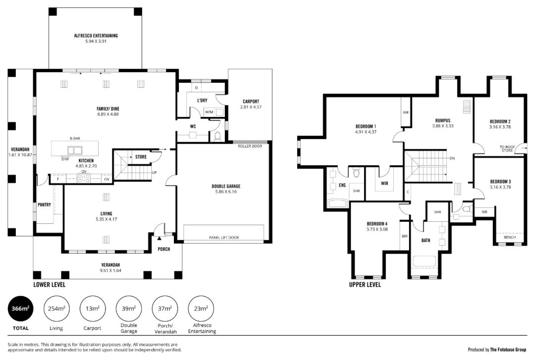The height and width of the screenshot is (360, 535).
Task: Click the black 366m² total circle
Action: point(20,309)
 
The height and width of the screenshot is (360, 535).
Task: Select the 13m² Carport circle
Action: point(93,309)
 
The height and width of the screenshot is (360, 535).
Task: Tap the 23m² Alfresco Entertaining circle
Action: point(201,309)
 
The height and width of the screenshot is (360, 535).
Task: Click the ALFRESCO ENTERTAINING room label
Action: point(96,36)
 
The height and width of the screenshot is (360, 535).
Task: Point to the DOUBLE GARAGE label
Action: point(226,186)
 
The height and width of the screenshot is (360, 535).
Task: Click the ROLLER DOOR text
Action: point(250,146)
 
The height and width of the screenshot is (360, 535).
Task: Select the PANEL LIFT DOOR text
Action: point(224,238)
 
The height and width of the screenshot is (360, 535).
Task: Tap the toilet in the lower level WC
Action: point(217,137)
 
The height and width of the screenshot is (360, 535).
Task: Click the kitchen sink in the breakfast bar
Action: point(75,150)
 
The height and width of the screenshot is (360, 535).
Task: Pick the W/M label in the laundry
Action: point(209,112)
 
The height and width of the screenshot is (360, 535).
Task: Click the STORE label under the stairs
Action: point(141,157)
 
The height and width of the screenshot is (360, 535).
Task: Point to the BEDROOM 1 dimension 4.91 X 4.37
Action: point(366,132)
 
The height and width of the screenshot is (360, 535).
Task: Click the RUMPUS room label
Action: point(443,120)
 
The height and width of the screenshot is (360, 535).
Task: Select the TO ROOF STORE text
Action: point(507,149)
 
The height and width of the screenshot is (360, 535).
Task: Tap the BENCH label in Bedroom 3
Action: point(510,237)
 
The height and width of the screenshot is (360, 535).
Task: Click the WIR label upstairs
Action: point(384,184)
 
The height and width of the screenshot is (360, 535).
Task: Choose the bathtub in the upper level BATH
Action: point(425,261)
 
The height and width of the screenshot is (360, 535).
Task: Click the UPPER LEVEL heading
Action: point(365,285)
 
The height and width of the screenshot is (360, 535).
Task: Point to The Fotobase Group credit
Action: point(508,350)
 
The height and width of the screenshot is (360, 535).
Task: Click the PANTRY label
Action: point(45,205)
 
